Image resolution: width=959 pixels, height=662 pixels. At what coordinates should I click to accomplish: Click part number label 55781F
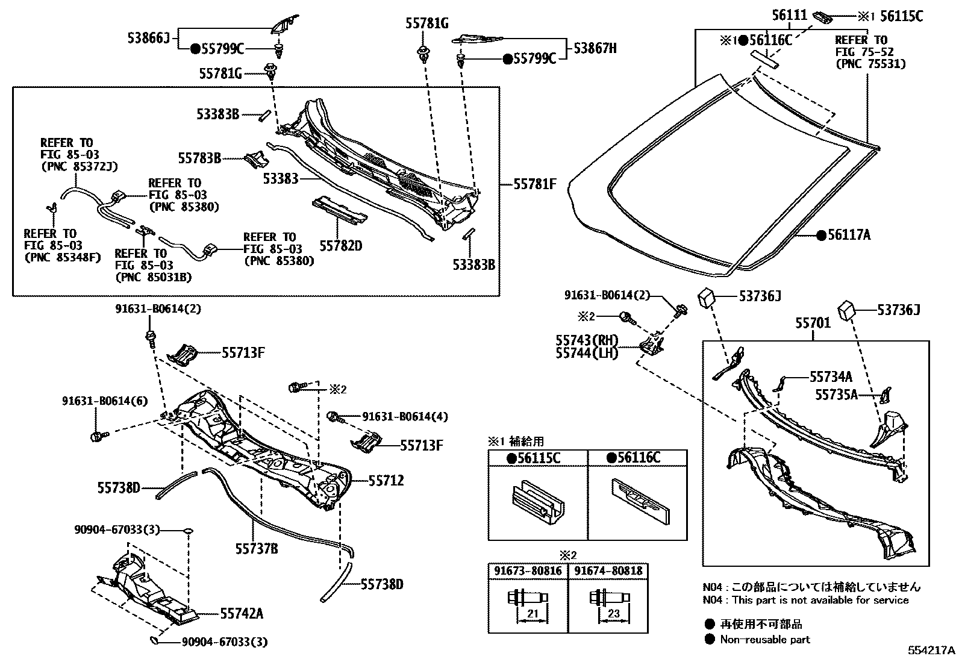(535, 184)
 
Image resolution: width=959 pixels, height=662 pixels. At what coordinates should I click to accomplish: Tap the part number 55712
(386, 481)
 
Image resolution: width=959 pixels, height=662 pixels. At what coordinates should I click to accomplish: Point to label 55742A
(242, 614)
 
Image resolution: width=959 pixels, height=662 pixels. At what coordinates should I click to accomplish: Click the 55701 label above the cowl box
(813, 323)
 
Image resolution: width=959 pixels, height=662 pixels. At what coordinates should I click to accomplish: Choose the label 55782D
(340, 246)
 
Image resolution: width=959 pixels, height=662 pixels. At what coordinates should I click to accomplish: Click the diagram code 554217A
(932, 651)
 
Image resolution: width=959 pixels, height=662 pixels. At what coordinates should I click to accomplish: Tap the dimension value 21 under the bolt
(532, 613)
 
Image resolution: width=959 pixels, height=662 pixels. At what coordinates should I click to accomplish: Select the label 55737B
(256, 548)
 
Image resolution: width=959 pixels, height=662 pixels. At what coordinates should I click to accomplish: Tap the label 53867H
(595, 48)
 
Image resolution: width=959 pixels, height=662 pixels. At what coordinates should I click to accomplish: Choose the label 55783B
(199, 158)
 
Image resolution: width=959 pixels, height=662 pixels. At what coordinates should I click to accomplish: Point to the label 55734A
(831, 377)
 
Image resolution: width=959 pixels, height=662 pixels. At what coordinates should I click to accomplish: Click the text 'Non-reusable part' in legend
(765, 640)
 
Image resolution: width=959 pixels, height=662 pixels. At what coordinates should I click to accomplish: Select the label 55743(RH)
(587, 341)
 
